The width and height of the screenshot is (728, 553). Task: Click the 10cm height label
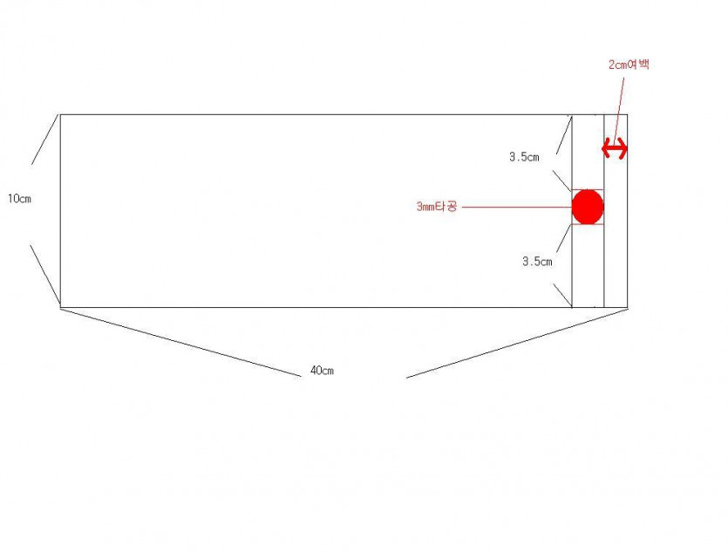click(x=19, y=199)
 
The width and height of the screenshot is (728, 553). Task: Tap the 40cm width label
click(x=322, y=371)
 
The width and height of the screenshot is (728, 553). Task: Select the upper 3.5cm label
click(x=524, y=157)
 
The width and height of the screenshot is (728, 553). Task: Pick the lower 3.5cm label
click(x=537, y=262)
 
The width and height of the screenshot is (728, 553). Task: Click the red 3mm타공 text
click(x=437, y=206)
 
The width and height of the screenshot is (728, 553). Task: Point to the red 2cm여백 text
click(x=629, y=65)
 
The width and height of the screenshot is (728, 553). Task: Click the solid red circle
click(x=588, y=207)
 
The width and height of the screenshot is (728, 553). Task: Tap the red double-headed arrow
click(x=615, y=149)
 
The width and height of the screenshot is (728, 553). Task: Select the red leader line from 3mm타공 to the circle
click(x=517, y=207)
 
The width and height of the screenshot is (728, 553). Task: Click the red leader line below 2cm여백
click(x=619, y=108)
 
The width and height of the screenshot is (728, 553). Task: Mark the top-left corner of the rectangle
click(x=60, y=114)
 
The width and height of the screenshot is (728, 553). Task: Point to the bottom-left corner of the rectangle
click(x=60, y=307)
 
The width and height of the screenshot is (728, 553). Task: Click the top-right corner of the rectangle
click(x=627, y=114)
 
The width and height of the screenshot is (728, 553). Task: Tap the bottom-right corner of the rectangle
click(x=627, y=307)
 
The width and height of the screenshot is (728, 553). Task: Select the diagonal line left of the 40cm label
click(x=180, y=342)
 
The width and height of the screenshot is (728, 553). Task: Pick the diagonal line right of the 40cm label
click(x=517, y=344)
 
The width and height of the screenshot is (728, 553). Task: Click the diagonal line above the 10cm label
click(x=45, y=140)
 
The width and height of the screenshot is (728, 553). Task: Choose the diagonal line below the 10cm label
click(x=45, y=275)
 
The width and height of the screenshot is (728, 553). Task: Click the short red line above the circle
click(x=588, y=190)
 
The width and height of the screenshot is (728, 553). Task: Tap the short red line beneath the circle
click(x=588, y=225)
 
